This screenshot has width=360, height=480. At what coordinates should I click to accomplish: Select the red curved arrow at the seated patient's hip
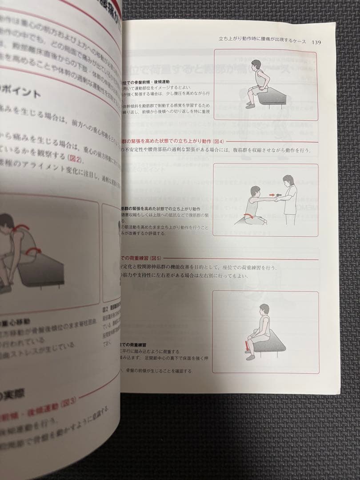coord(252,216)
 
